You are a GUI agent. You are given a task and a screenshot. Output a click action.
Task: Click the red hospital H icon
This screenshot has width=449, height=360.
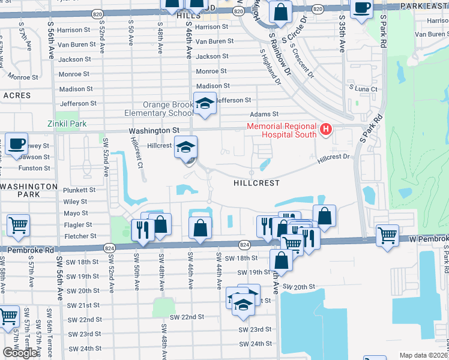tap(326, 128)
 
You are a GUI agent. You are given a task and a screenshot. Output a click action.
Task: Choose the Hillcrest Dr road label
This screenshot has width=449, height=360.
tap(333, 157)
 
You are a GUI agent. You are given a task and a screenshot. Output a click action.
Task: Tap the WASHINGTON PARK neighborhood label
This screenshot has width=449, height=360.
tap(28, 191)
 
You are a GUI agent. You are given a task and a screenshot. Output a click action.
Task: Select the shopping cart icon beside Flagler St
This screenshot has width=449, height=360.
tap(18, 226)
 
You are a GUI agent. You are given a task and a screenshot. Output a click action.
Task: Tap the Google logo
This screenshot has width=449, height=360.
tap(20, 353)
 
